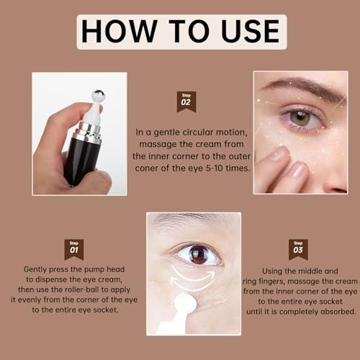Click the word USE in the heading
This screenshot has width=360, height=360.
coord(244,32)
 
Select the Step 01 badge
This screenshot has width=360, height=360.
coord(73,249)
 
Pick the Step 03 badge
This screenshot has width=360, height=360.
coord(298,249)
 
